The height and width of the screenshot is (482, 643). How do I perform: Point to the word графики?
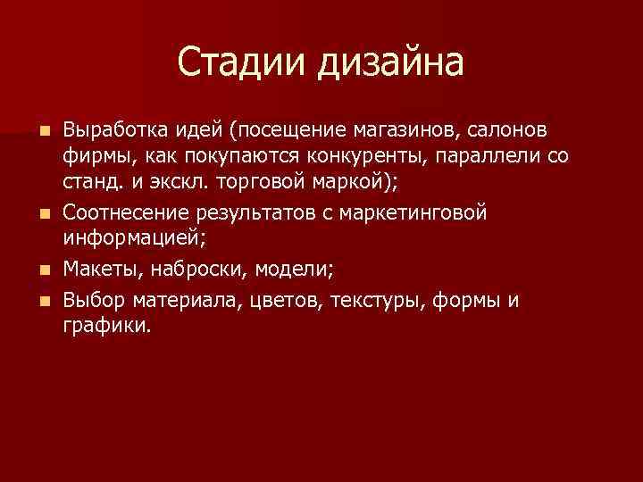107,327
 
